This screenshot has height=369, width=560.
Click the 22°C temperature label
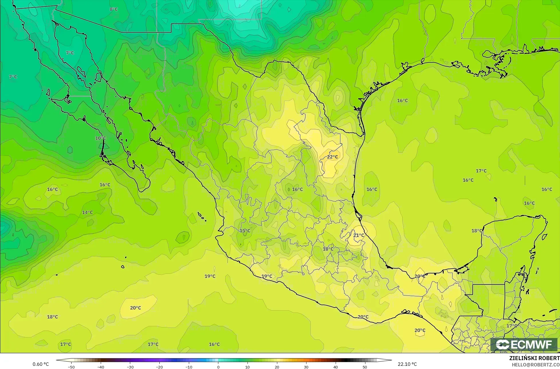click(332, 157)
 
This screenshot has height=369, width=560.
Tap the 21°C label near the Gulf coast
click(359, 235)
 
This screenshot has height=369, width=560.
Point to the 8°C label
click(114, 9)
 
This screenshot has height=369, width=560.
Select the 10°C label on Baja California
click(100, 138)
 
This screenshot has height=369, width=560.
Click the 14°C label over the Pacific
click(87, 212)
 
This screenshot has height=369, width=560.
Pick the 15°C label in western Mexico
click(245, 231)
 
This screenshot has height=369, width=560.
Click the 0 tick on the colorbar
click(218, 367)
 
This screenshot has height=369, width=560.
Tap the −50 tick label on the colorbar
click(71, 367)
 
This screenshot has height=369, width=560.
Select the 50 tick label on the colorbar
click(365, 367)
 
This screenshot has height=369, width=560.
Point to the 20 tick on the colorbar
click(277, 367)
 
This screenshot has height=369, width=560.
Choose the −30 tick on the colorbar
click(130, 367)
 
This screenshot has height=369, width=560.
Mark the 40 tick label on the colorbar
click(335, 367)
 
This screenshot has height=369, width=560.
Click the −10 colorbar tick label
click(189, 367)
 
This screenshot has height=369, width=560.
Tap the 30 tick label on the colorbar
click(306, 367)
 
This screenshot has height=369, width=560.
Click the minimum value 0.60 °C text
click(41, 364)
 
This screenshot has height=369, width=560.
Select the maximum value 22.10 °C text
click(407, 364)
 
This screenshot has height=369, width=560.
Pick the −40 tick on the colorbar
click(100, 367)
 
